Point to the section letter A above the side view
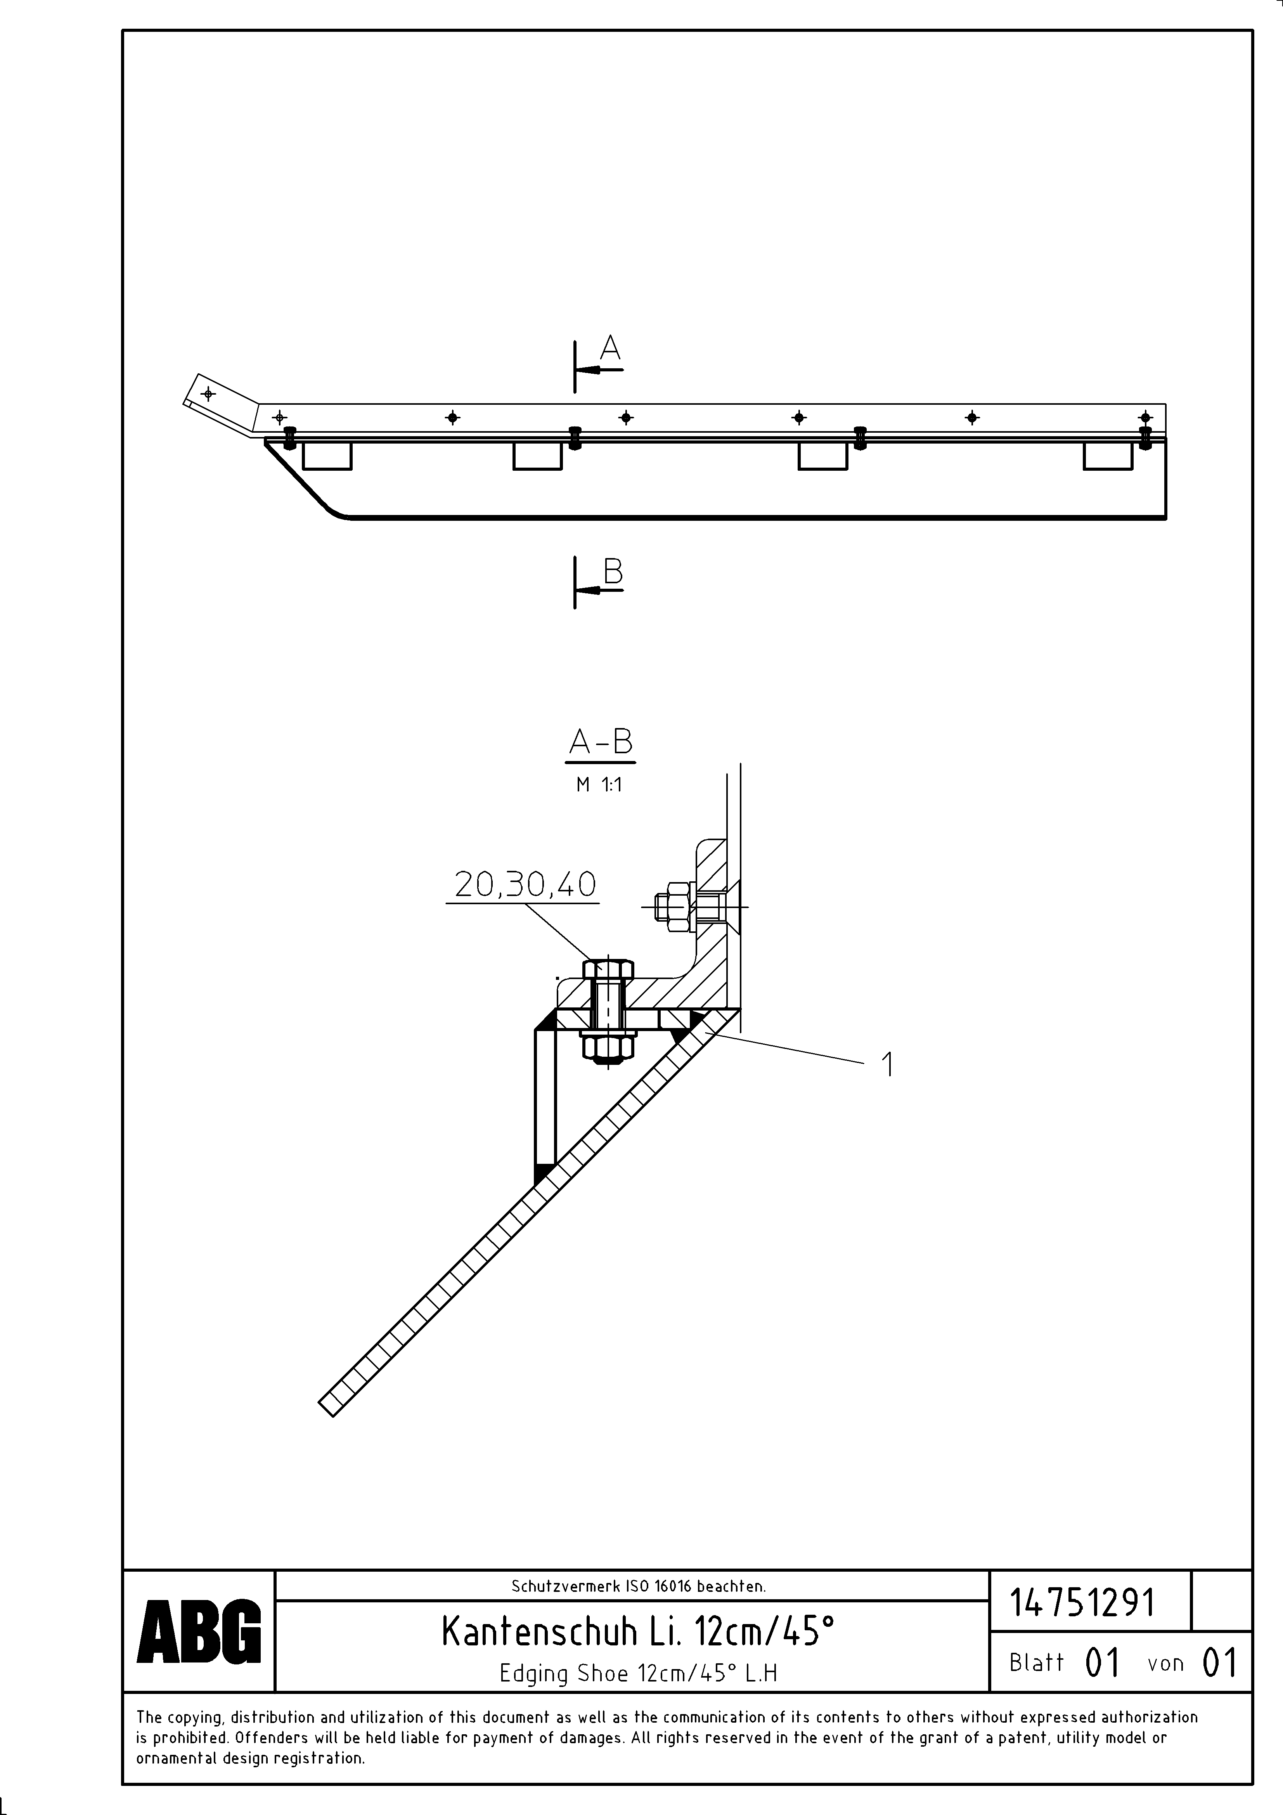tap(610, 348)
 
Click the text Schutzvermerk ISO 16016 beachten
tap(638, 1586)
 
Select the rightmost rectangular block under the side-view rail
tap(1108, 456)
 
